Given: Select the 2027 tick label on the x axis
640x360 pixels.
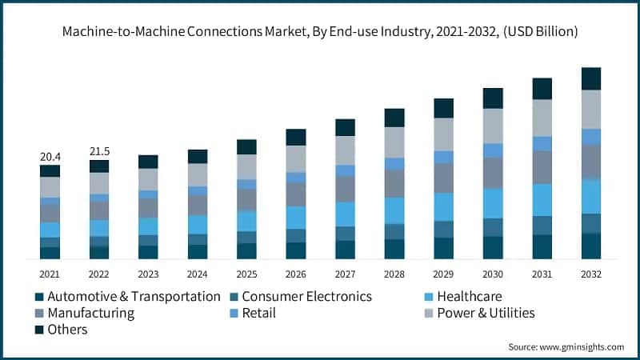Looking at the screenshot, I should tap(345, 274).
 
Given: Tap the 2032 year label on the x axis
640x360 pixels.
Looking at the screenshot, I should tap(590, 274).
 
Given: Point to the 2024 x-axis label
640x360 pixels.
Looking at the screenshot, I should tap(198, 274).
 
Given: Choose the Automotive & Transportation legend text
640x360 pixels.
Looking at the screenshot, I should tap(134, 297).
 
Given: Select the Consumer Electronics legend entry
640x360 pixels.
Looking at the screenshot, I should tap(306, 297).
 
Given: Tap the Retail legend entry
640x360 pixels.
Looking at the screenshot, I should tap(258, 313).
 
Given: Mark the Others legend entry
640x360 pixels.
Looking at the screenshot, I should tap(67, 329).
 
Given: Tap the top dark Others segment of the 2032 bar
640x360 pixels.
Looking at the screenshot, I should tap(591, 78).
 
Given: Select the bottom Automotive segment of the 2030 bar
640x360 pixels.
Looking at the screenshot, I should tap(493, 248).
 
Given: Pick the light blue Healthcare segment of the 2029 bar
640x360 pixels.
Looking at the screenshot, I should tap(443, 206).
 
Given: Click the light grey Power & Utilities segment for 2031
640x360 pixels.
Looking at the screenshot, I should tap(542, 118).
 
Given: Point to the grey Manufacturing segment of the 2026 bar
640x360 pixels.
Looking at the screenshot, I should tap(296, 194).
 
